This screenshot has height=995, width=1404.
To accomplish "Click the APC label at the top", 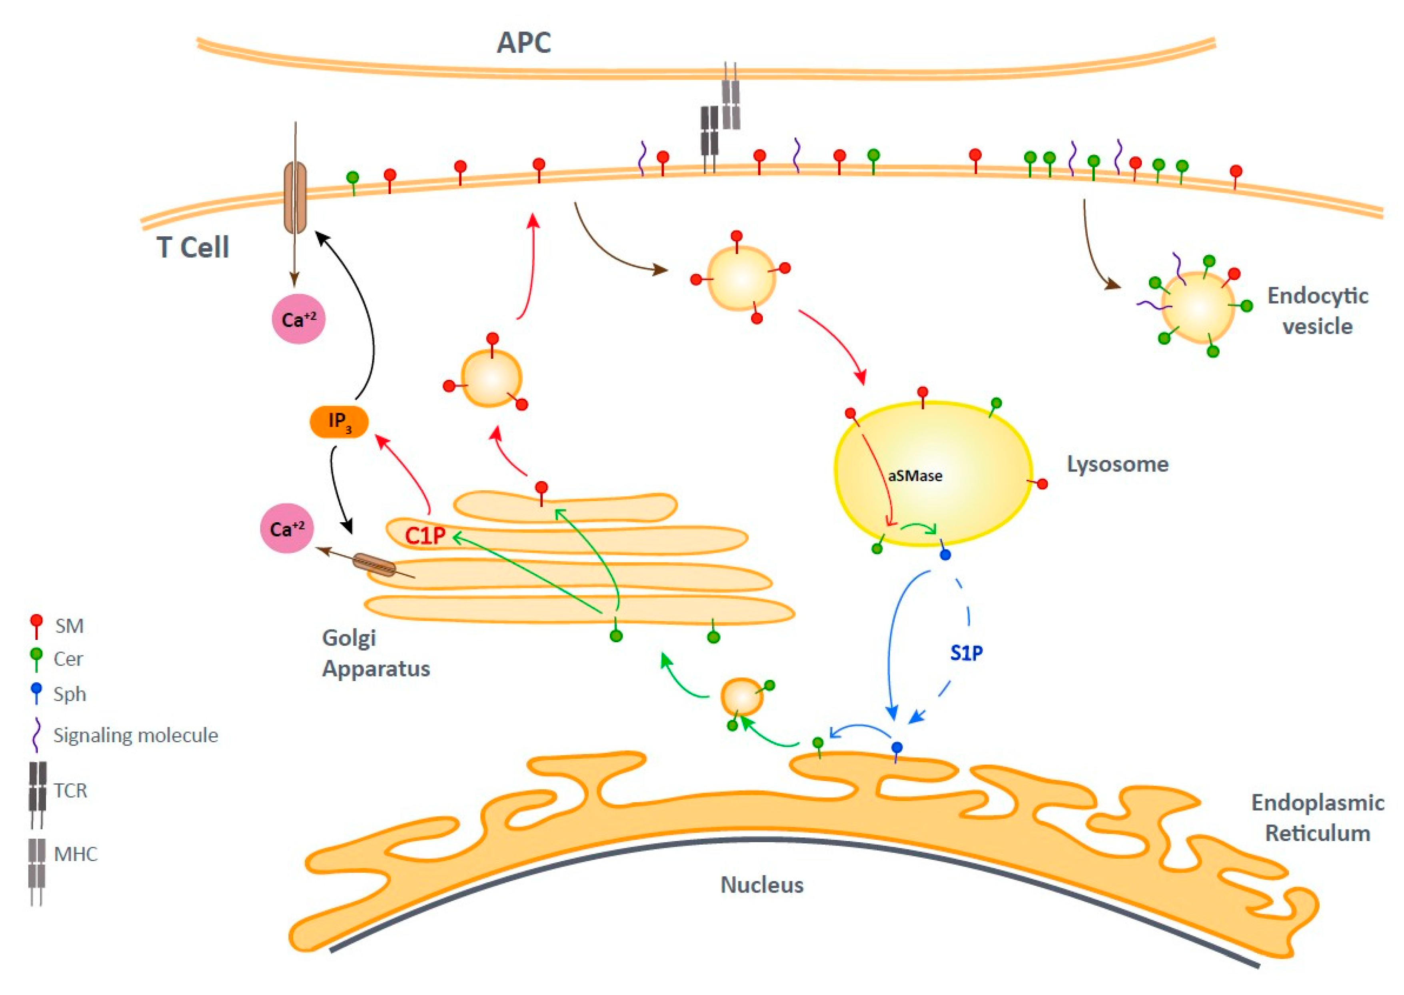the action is click(524, 43).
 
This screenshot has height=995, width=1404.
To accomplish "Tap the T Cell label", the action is click(193, 248).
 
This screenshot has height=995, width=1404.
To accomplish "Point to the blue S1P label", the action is click(967, 653).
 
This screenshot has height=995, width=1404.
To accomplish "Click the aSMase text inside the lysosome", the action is click(915, 476).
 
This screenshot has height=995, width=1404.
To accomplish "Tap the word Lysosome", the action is click(1118, 464).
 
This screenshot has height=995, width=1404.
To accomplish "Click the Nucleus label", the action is click(762, 885).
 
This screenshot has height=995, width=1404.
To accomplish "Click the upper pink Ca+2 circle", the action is click(298, 319).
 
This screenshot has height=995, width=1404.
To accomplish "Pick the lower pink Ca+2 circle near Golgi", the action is click(287, 529).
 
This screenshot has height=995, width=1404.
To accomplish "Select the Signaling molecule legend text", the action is click(136, 735).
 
